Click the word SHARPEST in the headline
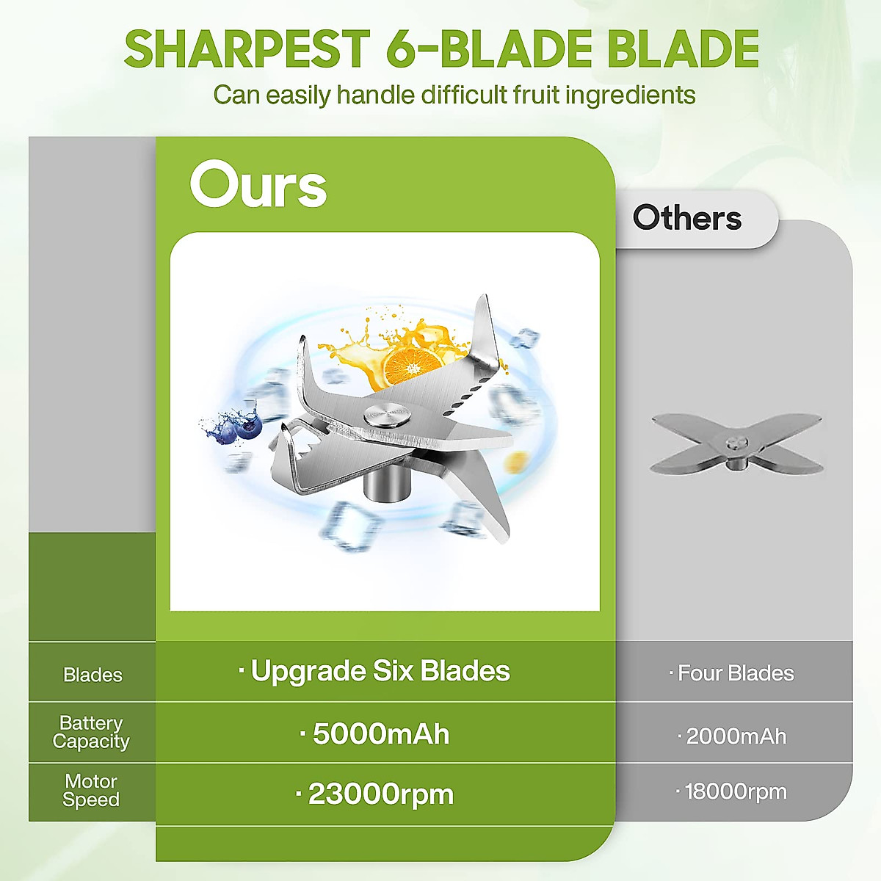coord(247,48)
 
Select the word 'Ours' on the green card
coord(258,184)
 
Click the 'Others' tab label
coord(686,217)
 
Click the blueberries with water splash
coord(233,426)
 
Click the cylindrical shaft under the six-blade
coord(386,484)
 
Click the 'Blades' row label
coord(93,675)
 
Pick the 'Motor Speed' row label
coord(91,790)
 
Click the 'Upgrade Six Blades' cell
coord(374,672)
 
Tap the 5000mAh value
coord(374,734)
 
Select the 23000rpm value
coord(374,794)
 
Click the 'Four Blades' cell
coord(731,673)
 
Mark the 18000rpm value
coord(731,792)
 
